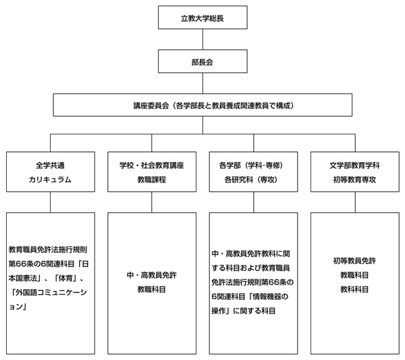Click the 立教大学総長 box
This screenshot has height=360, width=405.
(202, 18)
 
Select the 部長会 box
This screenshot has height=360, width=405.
(202, 61)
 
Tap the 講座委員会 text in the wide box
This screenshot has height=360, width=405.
(151, 105)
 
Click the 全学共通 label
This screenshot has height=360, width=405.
(50, 165)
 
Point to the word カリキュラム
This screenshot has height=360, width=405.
(50, 180)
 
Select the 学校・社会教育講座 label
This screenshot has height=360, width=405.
(152, 165)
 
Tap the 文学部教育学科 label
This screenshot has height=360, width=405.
(354, 165)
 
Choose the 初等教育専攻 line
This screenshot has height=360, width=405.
(354, 180)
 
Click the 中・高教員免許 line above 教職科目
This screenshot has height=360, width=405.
(152, 275)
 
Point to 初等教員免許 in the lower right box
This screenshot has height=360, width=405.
(354, 261)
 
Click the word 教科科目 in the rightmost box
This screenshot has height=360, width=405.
(354, 290)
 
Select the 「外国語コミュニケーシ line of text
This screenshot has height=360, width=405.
(49, 292)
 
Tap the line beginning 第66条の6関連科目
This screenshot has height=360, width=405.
(49, 264)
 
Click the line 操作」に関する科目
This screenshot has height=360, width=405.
(243, 311)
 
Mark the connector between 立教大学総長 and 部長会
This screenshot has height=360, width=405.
(202, 39)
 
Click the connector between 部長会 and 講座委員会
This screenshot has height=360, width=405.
(202, 83)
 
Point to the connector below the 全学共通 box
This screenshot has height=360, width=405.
(50, 202)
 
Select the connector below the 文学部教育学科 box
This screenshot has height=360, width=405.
(355, 202)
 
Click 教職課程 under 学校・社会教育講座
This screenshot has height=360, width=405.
(152, 180)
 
